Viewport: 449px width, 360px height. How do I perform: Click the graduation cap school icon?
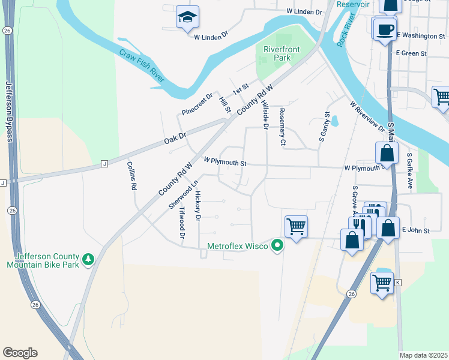[x=187, y=18]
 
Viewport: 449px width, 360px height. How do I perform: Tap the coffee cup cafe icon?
[x=384, y=28]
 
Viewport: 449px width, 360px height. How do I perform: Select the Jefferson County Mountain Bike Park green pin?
[x=89, y=259]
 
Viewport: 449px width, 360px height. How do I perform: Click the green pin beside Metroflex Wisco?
[x=277, y=245]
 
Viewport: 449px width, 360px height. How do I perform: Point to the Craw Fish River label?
[x=142, y=66]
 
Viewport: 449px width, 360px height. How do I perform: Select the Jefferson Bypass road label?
[x=9, y=112]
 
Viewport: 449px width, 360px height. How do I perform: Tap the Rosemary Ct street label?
[x=282, y=127]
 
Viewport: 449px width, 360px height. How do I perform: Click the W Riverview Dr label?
[x=367, y=116]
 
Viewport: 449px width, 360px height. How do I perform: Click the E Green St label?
[x=411, y=53]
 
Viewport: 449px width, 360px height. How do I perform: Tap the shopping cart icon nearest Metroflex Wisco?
[x=296, y=226]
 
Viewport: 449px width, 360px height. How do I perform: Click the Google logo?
[x=20, y=353]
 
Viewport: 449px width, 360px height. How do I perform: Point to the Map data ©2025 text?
[x=423, y=355]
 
